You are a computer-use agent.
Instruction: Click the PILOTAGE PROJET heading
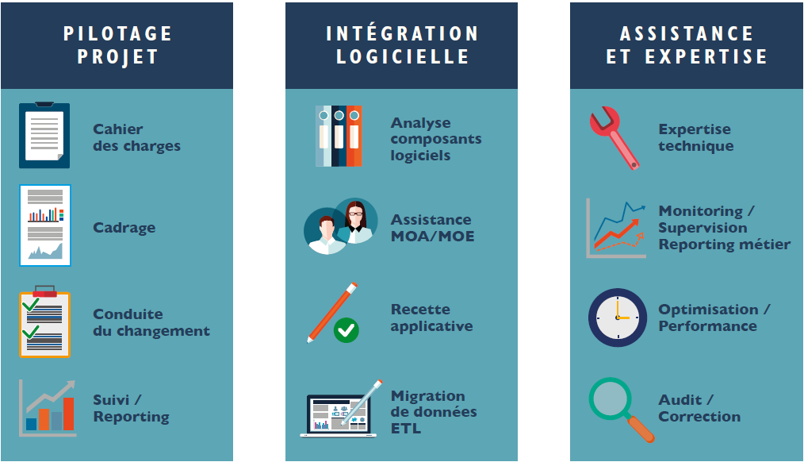pyautogui.click(x=117, y=45)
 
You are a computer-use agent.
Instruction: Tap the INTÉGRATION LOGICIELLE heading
pyautogui.click(x=402, y=45)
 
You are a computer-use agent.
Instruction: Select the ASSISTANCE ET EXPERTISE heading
pyautogui.click(x=687, y=45)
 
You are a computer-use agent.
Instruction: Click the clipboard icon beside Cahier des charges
pyautogui.click(x=44, y=135)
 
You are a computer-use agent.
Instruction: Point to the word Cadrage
pyautogui.click(x=124, y=227)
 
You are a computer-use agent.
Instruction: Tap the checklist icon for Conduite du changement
pyautogui.click(x=44, y=321)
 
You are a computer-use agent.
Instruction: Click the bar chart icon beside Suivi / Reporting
pyautogui.click(x=48, y=408)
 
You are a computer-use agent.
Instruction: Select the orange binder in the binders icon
pyautogui.click(x=354, y=136)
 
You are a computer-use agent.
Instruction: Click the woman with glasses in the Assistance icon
pyautogui.click(x=355, y=221)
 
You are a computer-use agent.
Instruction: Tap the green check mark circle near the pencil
pyautogui.click(x=346, y=330)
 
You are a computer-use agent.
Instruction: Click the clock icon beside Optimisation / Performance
pyautogui.click(x=618, y=318)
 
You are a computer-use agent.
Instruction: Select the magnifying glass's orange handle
pyautogui.click(x=641, y=429)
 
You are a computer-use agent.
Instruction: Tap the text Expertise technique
pyautogui.click(x=696, y=137)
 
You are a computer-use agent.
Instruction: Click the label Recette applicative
pyautogui.click(x=431, y=318)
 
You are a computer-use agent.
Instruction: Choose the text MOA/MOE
pyautogui.click(x=433, y=236)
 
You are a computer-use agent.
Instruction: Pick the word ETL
pyautogui.click(x=406, y=428)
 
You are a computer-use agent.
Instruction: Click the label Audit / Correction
pyautogui.click(x=699, y=408)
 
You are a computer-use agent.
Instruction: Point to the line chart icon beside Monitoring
pyautogui.click(x=616, y=228)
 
